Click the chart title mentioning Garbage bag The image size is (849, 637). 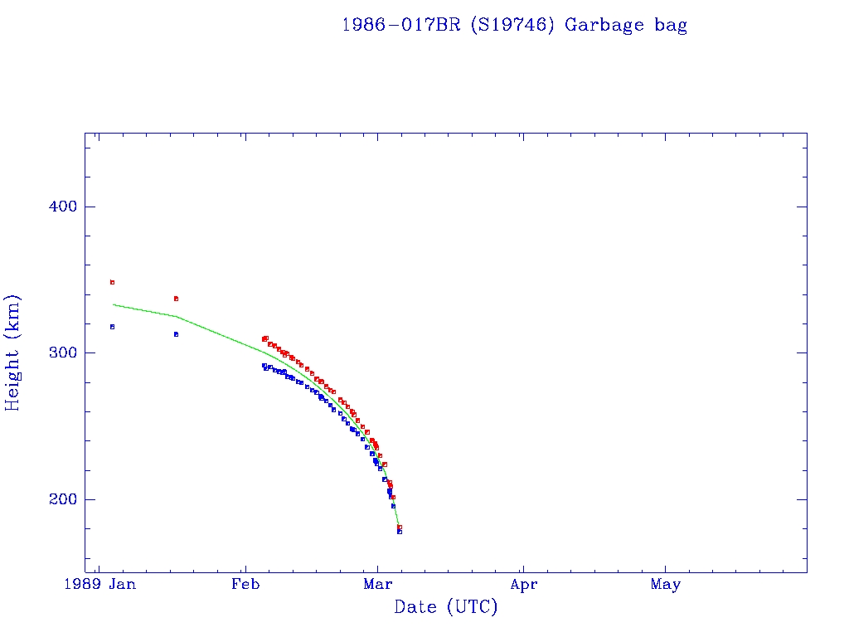514,25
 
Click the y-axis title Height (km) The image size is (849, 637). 12,353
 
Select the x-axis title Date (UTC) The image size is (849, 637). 446,607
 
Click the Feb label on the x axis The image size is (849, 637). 245,585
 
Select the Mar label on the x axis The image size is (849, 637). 377,585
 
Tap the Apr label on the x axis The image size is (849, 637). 523,585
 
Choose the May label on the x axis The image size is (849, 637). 665,585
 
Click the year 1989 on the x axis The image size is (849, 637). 84,585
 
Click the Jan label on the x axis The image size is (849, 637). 123,585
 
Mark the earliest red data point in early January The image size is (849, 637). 112,282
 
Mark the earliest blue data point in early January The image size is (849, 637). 112,327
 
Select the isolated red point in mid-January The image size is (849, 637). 176,299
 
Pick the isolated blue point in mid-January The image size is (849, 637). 176,334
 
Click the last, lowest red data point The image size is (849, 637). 400,527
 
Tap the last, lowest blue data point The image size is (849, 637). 400,532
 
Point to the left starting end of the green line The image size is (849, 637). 114,304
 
